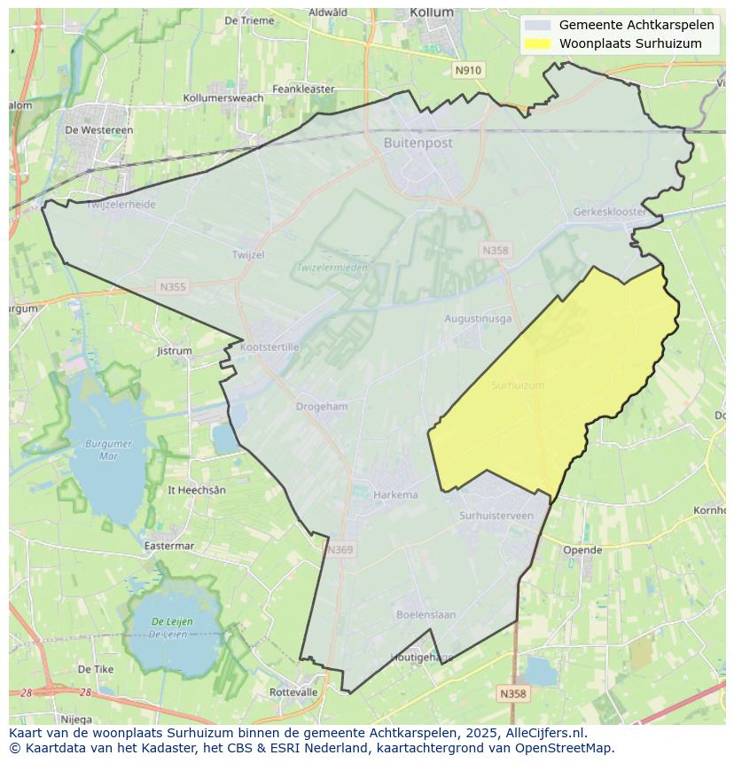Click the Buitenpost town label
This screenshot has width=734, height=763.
(x=418, y=143)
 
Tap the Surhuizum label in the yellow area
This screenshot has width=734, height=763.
(x=518, y=385)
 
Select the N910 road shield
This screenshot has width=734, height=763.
(x=468, y=70)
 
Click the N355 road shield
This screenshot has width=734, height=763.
(x=173, y=286)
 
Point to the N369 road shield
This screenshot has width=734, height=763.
(x=340, y=550)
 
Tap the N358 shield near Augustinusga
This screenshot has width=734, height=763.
(x=496, y=251)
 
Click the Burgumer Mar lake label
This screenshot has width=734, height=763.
(x=109, y=449)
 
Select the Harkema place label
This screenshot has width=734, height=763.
(x=395, y=494)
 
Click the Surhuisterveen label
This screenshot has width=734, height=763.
(x=496, y=515)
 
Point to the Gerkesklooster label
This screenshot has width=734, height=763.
(x=610, y=213)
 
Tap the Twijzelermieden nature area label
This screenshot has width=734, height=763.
(x=332, y=267)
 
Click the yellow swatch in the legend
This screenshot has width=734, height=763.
(x=537, y=43)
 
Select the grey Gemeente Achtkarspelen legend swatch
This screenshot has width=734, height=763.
(x=537, y=25)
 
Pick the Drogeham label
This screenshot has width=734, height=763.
(x=322, y=406)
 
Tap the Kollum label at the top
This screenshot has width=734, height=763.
(x=432, y=12)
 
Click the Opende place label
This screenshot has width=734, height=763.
(x=582, y=549)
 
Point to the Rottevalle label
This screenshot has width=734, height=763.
(x=293, y=692)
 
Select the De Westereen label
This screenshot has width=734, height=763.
(x=99, y=129)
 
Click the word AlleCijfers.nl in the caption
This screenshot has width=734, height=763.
(x=544, y=733)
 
